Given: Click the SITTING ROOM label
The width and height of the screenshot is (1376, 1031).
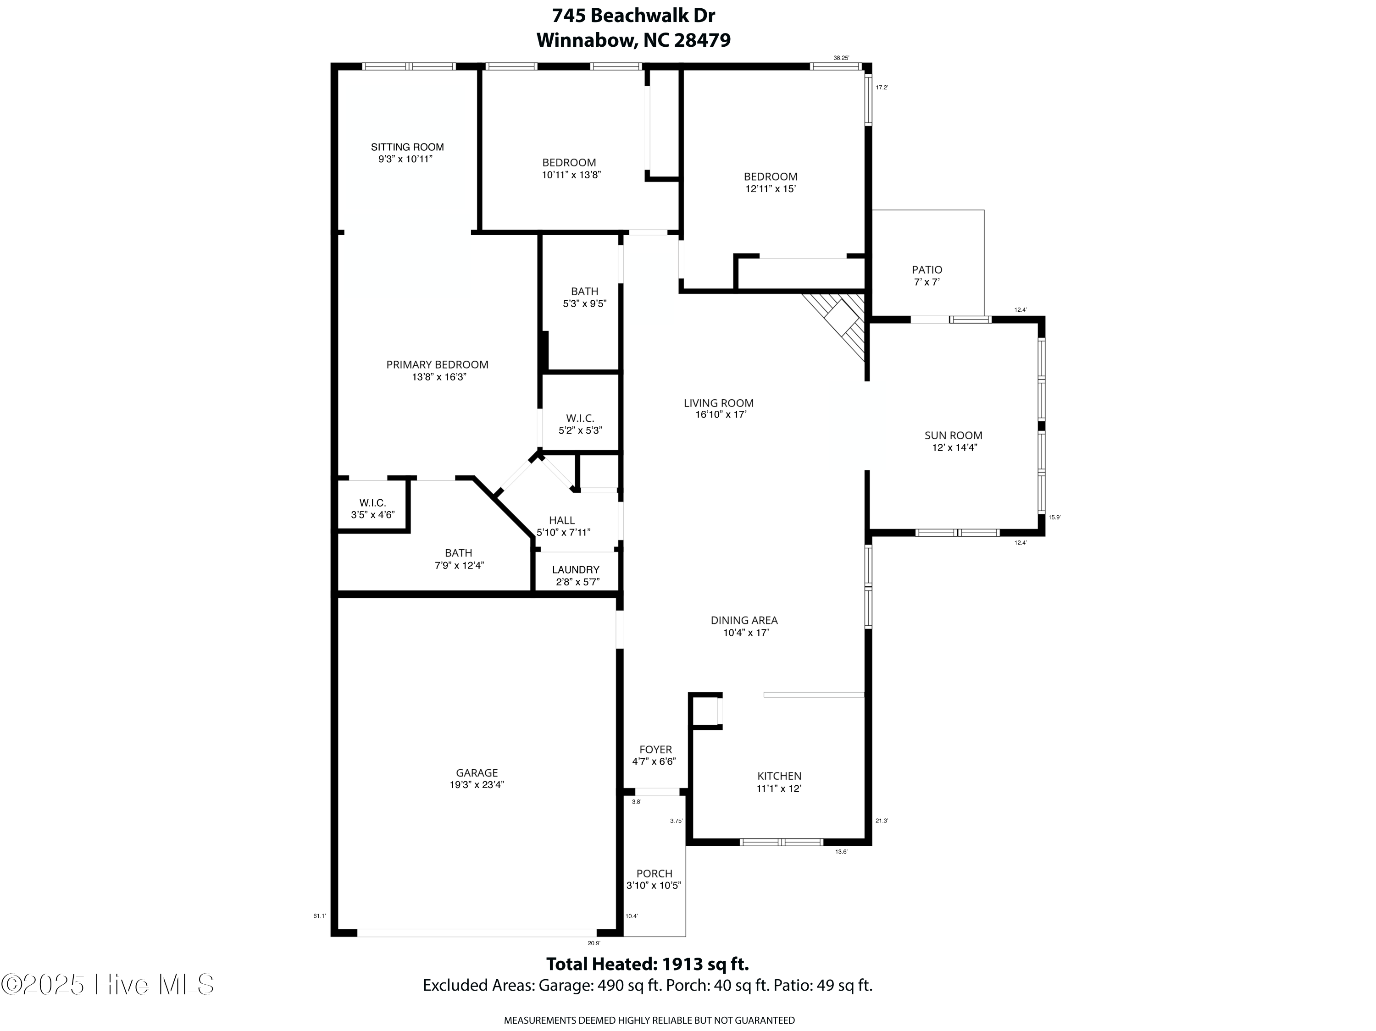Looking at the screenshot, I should [x=407, y=147].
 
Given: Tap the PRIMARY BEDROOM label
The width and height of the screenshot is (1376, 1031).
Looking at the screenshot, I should [x=437, y=365].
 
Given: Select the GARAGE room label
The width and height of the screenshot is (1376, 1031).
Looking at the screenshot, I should [x=477, y=773].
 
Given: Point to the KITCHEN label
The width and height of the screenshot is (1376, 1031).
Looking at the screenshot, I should [x=779, y=776].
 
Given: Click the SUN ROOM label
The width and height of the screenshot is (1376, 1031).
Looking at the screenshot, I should [x=953, y=436].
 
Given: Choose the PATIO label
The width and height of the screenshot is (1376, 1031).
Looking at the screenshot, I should [x=927, y=270].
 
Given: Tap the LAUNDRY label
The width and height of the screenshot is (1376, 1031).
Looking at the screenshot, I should [x=576, y=570].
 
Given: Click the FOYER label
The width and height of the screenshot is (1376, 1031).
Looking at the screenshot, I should [x=655, y=750].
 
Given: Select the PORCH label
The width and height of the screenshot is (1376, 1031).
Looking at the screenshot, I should [x=655, y=874].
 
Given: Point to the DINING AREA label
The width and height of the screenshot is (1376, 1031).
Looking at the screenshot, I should [x=744, y=620].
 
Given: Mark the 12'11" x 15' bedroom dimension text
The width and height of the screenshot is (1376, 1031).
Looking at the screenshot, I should [x=771, y=189].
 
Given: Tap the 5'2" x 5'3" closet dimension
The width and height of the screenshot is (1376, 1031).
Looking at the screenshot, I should [x=580, y=430].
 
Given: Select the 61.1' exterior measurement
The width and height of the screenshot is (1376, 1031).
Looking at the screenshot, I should [x=319, y=916].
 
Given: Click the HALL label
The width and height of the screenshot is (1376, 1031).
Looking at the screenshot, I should [x=562, y=520].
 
